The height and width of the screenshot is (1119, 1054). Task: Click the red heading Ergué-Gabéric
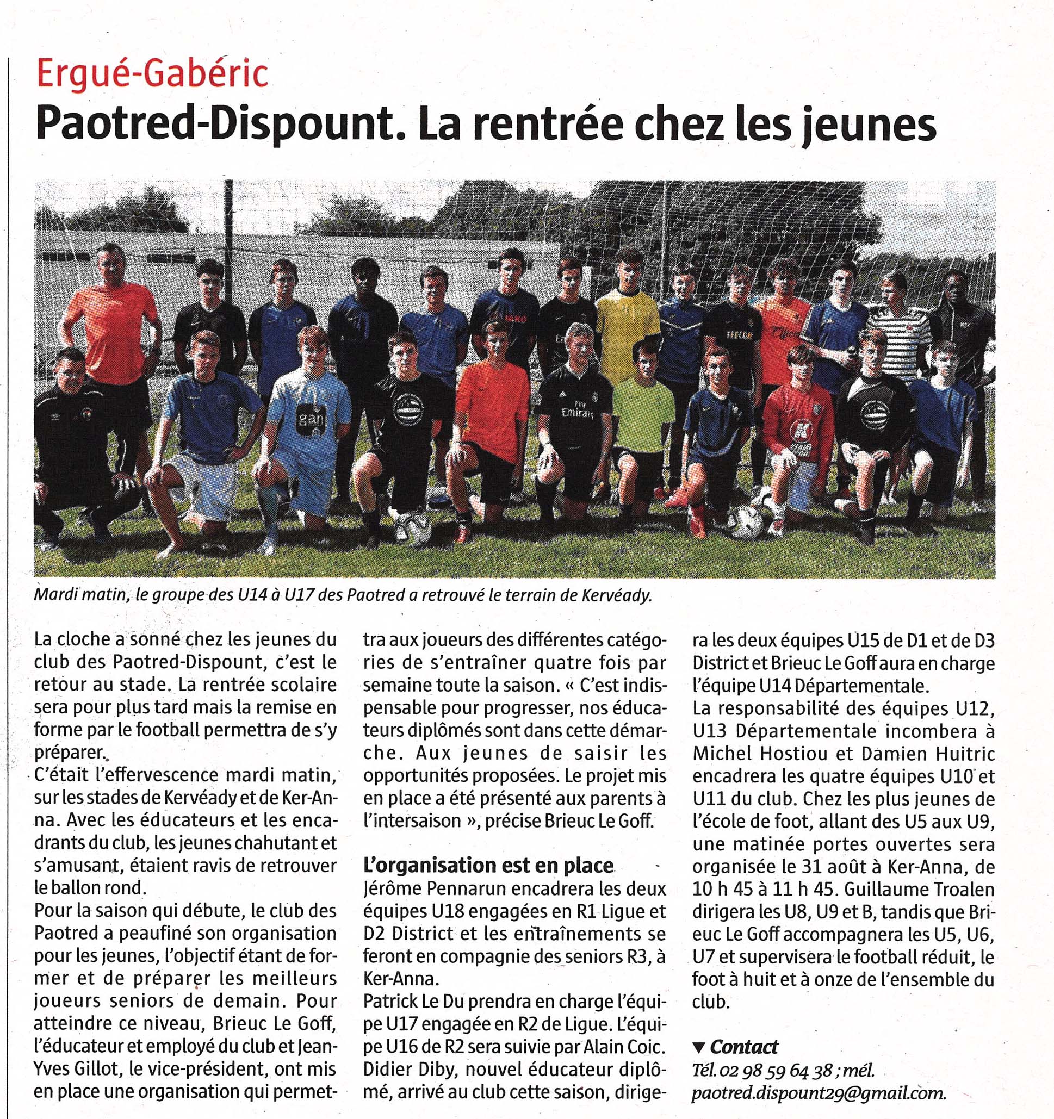click(152, 75)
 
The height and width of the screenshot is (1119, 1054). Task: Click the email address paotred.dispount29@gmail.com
click(818, 1092)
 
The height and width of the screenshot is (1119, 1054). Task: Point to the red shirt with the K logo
click(798, 422)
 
